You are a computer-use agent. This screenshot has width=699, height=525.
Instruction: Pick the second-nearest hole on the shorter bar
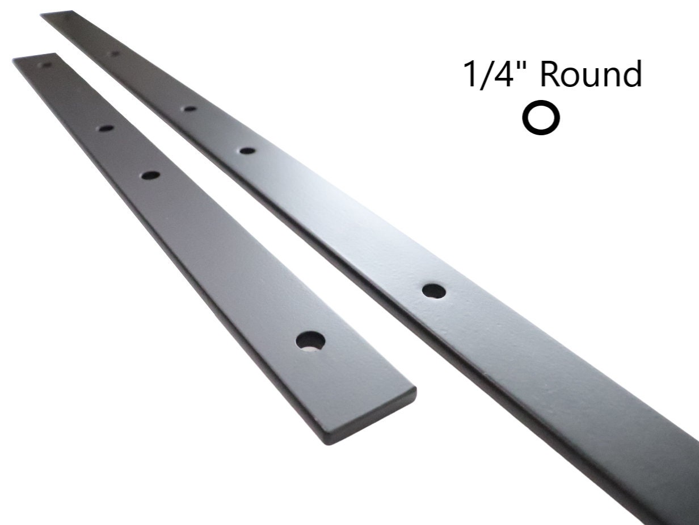[150, 176]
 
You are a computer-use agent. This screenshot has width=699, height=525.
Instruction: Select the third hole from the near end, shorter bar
[105, 128]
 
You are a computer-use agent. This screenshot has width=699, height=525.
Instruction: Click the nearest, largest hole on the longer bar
[433, 290]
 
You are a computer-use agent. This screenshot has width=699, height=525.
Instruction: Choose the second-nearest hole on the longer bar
[247, 151]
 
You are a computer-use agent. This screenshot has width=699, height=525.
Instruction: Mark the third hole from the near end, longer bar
[191, 108]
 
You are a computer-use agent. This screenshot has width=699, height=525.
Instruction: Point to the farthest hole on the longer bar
[113, 53]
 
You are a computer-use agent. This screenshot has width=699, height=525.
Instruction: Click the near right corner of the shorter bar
[414, 391]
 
